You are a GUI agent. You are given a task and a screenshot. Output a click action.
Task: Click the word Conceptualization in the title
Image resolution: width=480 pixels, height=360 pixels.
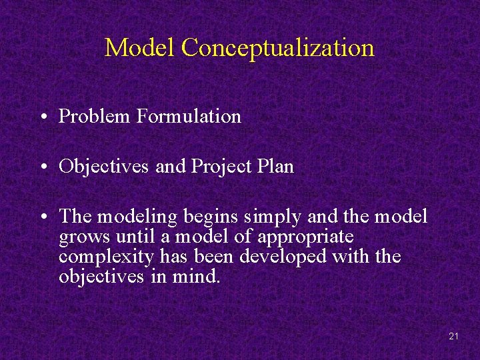(277, 48)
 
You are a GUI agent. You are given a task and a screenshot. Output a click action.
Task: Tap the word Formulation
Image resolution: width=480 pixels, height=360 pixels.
(189, 117)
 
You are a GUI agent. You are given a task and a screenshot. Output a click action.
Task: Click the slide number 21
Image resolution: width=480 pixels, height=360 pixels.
(453, 337)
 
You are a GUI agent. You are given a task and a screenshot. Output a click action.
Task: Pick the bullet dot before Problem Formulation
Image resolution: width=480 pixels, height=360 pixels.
(42, 117)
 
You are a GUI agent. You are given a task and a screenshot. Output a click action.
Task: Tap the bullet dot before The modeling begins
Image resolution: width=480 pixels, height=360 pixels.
(42, 217)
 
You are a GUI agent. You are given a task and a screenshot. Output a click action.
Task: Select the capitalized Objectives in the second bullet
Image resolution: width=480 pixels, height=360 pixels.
(104, 167)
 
